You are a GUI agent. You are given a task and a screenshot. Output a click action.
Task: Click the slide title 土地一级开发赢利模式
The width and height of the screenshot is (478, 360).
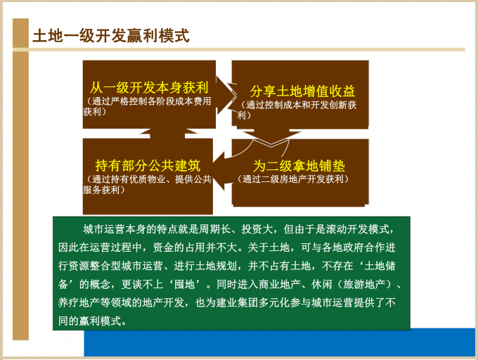point(111,36)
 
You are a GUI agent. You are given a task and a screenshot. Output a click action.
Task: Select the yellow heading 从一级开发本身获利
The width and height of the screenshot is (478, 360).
point(149,89)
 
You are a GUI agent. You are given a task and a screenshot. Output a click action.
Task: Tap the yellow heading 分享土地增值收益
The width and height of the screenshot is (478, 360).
point(302,91)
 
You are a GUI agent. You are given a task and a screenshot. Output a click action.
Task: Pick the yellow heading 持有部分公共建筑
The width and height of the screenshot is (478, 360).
point(148,167)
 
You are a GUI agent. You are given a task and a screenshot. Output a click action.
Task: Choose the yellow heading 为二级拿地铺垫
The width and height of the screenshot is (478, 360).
point(299,167)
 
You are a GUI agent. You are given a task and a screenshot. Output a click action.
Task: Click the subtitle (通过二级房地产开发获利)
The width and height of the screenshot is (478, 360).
point(294,179)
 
